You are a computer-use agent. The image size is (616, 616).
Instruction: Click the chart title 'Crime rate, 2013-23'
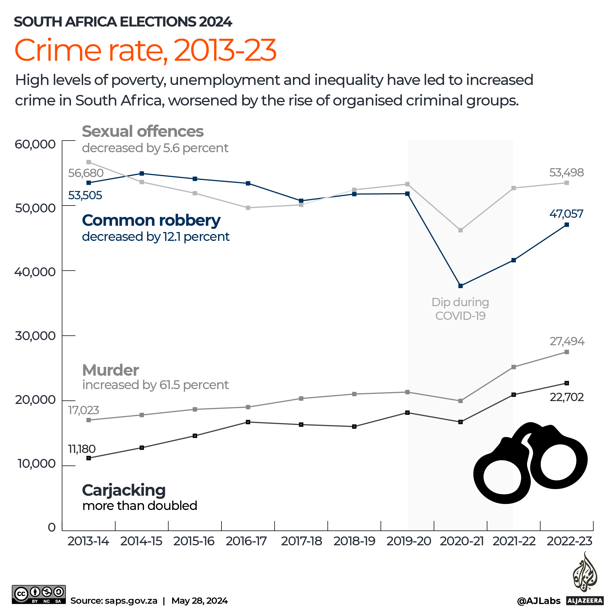145,50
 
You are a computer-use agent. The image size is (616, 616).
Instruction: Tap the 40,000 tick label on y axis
35,272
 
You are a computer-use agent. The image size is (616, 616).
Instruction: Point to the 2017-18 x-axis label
301,541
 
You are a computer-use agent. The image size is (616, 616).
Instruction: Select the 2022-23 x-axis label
570,541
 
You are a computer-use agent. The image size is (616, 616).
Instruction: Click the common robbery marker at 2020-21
460,286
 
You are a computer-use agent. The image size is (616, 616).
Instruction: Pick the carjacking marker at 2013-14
89,458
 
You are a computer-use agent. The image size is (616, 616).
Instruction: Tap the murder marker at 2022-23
567,352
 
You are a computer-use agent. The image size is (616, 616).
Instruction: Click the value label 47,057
566,214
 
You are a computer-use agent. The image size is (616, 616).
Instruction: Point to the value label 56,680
86,173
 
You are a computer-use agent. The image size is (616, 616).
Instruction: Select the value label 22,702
567,397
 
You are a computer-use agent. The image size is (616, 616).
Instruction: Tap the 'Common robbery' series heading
151,220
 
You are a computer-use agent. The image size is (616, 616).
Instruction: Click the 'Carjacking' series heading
124,490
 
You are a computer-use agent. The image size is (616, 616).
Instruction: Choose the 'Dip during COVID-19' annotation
460,309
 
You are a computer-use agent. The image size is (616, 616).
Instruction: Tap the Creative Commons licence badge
38,594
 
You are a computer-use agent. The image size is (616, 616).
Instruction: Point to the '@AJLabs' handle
538,601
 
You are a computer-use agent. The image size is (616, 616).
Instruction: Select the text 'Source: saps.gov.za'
114,601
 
